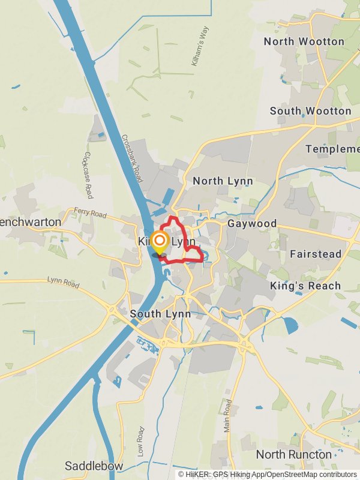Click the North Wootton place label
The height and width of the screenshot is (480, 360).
pyautogui.click(x=304, y=41)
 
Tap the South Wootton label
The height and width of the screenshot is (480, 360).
pyautogui.click(x=310, y=111)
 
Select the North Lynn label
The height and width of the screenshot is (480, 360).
pyautogui.click(x=223, y=181)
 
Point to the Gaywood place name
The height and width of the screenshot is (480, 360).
pyautogui.click(x=252, y=224)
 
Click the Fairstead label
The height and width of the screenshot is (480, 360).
pyautogui.click(x=316, y=254)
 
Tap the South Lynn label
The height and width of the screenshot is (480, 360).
pyautogui.click(x=160, y=314)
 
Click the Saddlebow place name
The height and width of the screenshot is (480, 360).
pyautogui.click(x=94, y=466)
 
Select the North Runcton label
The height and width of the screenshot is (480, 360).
pyautogui.click(x=293, y=454)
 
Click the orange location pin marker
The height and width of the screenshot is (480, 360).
pyautogui.click(x=160, y=242)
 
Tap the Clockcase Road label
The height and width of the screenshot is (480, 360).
pyautogui.click(x=89, y=175)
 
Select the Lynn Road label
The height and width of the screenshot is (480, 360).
pyautogui.click(x=63, y=282)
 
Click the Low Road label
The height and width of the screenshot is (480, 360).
pyautogui.click(x=140, y=442)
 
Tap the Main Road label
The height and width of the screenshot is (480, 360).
pyautogui.click(x=227, y=415)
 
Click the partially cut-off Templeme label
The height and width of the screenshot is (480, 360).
pyautogui.click(x=332, y=149)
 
